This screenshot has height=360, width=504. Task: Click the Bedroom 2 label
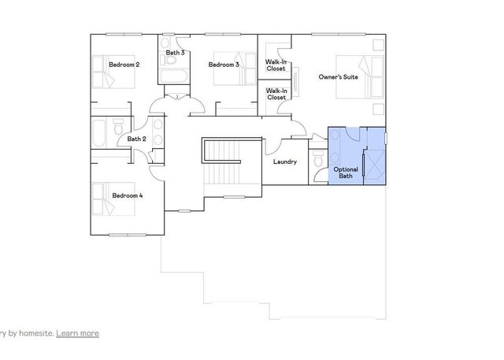coord(124,65)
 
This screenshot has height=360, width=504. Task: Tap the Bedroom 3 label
coord(224,65)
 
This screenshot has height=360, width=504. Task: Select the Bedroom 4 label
coord(126,195)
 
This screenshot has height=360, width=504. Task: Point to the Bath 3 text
coord(175,53)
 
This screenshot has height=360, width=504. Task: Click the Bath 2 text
coord(136,139)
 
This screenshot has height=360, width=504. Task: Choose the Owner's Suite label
coord(339,77)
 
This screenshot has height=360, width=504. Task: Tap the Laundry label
coord(284,162)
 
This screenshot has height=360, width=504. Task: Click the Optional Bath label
coord(346,173)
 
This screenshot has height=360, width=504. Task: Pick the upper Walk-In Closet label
coord(275,65)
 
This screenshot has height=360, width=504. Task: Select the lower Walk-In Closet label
coord(275,95)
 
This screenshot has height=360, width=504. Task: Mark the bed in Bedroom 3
coord(229,72)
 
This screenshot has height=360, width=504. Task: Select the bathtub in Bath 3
coord(173,76)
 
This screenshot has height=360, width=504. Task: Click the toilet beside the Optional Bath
coord(317,160)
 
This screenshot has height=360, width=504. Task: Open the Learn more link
coord(77,333)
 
